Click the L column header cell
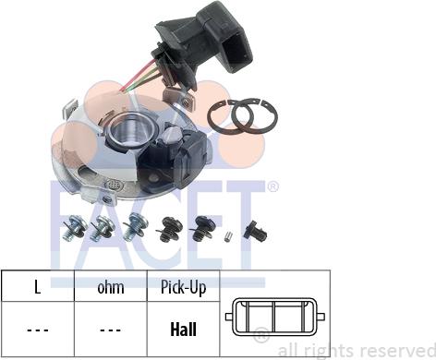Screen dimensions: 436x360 click(x=38, y=286)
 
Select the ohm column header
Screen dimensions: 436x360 click(x=111, y=286)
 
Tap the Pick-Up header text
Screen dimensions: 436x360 click(x=184, y=288)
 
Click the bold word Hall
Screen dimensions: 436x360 click(x=184, y=330)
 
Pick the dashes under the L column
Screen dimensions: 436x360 click(x=38, y=330)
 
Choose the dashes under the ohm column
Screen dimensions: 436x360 click(x=111, y=330)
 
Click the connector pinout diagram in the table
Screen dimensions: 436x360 click(x=275, y=317)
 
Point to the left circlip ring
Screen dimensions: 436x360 click(x=230, y=118)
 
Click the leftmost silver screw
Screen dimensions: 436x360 click(x=75, y=227)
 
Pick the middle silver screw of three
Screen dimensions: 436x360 click(x=103, y=228)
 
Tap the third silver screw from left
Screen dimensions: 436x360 click(x=135, y=226)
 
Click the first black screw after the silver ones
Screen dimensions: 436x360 click(x=169, y=228)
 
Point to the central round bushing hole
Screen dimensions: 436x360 click(x=133, y=131)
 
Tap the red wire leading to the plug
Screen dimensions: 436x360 click(x=136, y=76)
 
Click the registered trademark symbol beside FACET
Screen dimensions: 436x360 click(x=272, y=186)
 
